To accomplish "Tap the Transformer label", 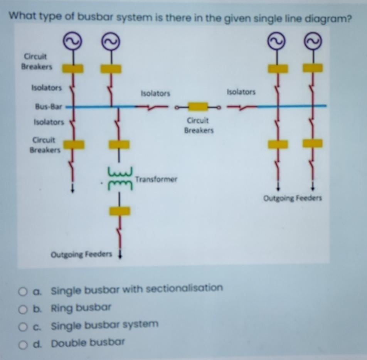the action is click(x=156, y=179).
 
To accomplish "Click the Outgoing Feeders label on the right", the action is click(x=293, y=199).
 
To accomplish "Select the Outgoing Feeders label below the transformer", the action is click(x=81, y=254).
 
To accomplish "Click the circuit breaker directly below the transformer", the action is click(x=120, y=211).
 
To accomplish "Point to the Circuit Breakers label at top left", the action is click(x=36, y=62).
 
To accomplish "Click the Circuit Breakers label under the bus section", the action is click(x=199, y=125).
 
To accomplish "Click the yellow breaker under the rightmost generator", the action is click(x=313, y=68).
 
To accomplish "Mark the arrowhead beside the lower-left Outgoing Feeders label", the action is click(x=120, y=255).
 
